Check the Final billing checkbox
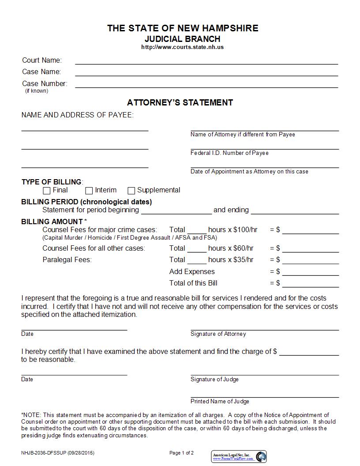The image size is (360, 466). [47, 191]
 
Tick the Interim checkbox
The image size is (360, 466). [89, 191]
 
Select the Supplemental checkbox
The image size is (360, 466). [131, 191]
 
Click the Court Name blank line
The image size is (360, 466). [206, 63]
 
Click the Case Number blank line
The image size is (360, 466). [206, 86]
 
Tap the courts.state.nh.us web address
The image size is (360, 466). [182, 47]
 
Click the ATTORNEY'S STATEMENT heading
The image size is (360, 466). [180, 102]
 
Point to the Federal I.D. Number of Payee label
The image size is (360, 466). [229, 153]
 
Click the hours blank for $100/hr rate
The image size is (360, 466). [197, 232]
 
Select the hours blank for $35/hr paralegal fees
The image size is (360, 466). [197, 262]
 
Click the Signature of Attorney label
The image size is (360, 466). [218, 334]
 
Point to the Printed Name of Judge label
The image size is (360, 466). [220, 402]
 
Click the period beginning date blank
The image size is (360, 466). [176, 213]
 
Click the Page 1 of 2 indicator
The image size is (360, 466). [181, 453]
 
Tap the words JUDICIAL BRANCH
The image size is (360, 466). [182, 39]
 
